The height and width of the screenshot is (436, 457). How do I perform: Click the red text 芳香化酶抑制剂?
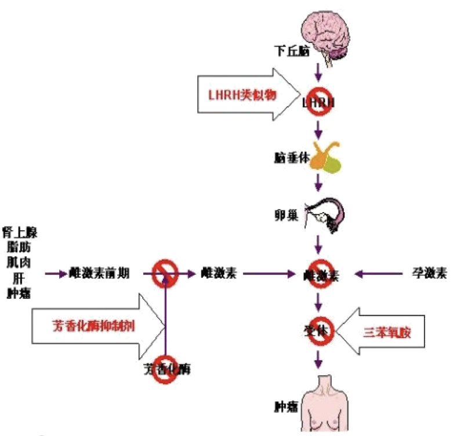tap(89, 326)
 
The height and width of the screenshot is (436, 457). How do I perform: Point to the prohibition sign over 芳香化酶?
tap(166, 369)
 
